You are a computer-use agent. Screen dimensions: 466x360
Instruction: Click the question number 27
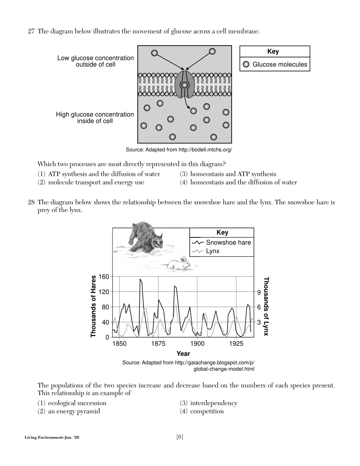[31, 31]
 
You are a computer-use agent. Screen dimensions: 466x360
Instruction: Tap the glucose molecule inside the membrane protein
[185, 85]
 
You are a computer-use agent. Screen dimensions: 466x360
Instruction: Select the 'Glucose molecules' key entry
[275, 64]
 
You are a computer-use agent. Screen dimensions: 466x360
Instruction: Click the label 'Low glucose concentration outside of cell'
[96, 61]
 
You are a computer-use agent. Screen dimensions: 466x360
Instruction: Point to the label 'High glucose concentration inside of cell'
[95, 118]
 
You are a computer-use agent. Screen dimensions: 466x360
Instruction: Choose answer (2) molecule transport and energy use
[91, 183]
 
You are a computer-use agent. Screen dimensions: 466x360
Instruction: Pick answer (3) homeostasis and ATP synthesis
[228, 174]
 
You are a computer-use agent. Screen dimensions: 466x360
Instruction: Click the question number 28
[31, 202]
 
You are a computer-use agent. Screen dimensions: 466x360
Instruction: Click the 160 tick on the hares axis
[104, 277]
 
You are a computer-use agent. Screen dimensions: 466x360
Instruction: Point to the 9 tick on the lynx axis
[259, 292]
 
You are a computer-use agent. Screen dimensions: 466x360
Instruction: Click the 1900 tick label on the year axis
[197, 344]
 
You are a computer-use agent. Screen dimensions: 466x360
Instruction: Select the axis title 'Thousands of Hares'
[93, 306]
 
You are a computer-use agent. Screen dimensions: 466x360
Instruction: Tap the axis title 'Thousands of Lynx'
[266, 306]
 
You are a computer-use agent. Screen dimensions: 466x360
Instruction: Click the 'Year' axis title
[183, 354]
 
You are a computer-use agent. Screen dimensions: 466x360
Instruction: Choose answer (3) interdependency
[209, 403]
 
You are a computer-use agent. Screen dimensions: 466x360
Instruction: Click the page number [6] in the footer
[180, 437]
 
